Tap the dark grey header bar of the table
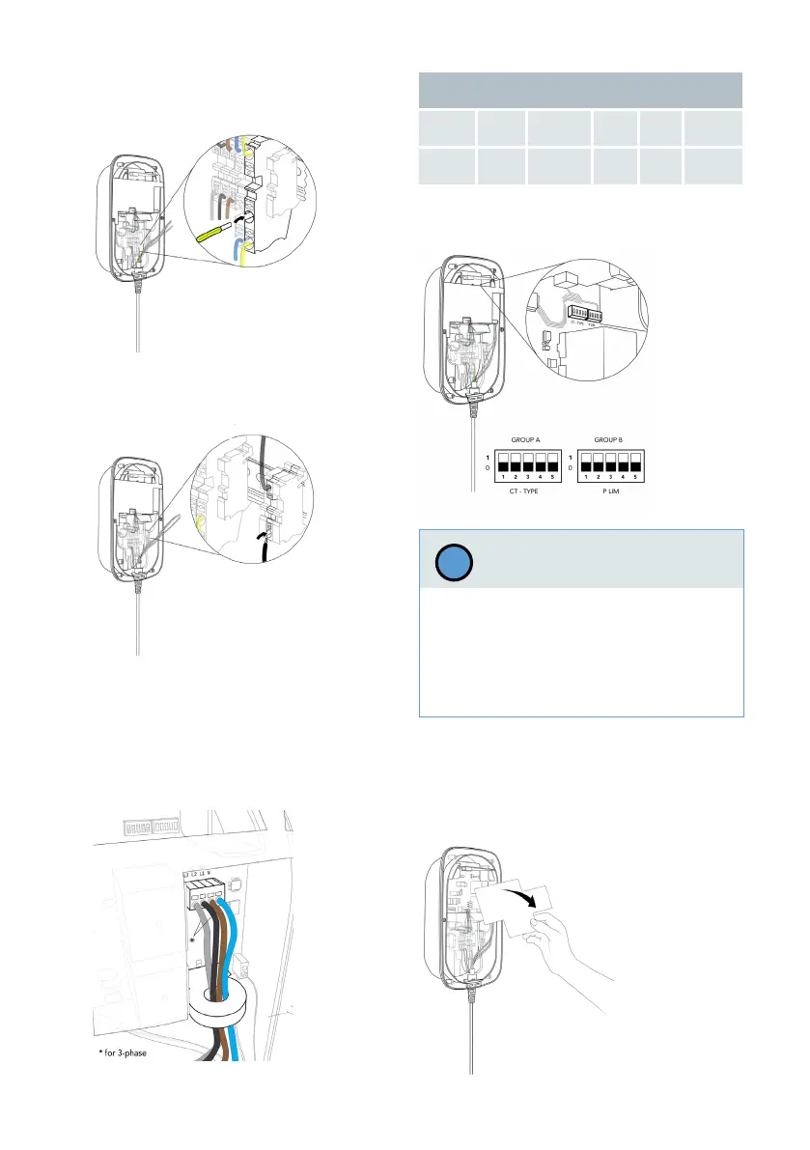579,91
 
